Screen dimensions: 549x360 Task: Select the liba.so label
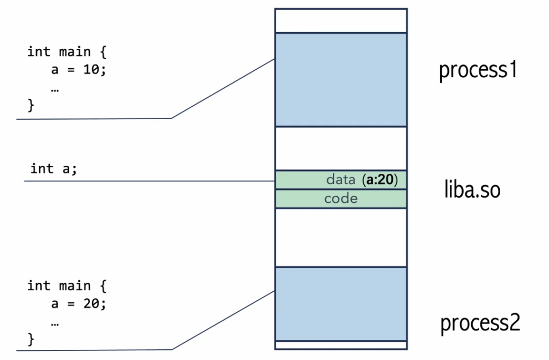[x=472, y=189]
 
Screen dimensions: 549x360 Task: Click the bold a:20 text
[x=380, y=180]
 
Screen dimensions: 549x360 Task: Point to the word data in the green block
[x=340, y=180]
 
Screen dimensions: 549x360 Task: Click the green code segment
[x=341, y=199]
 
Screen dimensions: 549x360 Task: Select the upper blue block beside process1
[x=341, y=79]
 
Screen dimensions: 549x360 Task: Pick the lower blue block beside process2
[x=341, y=304]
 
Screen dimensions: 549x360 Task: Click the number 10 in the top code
[x=91, y=69]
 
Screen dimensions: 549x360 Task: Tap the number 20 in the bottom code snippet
[x=91, y=303]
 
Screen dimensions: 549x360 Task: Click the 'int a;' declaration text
[x=54, y=168]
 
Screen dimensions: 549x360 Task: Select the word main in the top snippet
[x=75, y=52]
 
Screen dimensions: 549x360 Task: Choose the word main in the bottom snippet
[x=75, y=285]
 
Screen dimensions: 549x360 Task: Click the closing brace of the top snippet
[x=31, y=105]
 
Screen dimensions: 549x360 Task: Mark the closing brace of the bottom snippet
[x=31, y=339]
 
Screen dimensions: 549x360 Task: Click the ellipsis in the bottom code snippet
[x=55, y=324]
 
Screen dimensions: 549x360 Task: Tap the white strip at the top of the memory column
[x=341, y=21]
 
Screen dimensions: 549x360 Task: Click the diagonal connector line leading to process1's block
[x=223, y=89]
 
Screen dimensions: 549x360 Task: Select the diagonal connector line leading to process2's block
[x=223, y=320]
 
